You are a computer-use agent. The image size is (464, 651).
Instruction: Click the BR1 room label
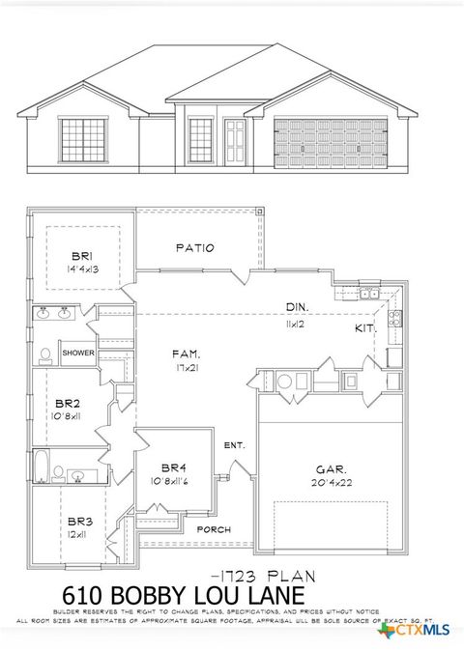(x=79, y=255)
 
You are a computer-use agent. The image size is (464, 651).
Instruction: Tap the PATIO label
(x=194, y=248)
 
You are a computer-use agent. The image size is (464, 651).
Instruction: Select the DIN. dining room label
(x=297, y=307)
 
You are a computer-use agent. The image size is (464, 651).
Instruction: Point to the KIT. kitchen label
(x=364, y=329)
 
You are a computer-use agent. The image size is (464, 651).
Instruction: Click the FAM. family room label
(x=186, y=354)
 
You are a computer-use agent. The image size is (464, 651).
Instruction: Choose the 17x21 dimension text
(x=186, y=368)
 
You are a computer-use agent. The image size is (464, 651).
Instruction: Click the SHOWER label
(x=78, y=354)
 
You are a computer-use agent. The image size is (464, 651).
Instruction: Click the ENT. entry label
(x=234, y=445)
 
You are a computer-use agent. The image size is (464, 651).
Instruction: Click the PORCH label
(x=214, y=529)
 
